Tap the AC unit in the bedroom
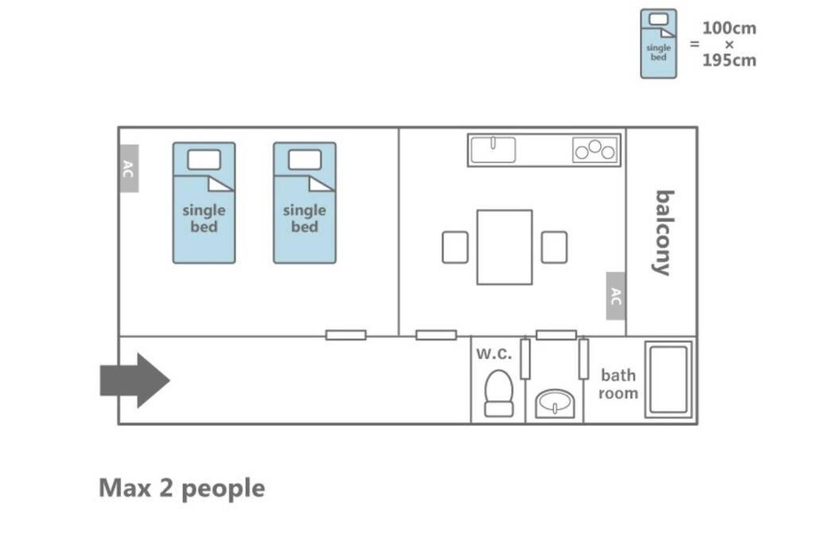(x=129, y=169)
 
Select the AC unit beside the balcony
(x=616, y=296)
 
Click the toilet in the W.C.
(x=499, y=394)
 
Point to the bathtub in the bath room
(x=668, y=379)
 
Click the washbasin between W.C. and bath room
(x=554, y=405)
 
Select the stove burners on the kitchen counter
(x=595, y=150)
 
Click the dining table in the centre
(x=504, y=246)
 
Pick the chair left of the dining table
(x=455, y=247)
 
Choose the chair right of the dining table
(x=554, y=247)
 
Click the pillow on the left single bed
(x=203, y=160)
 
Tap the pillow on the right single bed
(x=304, y=160)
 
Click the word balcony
(x=663, y=232)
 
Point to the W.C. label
(x=494, y=354)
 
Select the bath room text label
(x=618, y=384)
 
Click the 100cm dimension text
(x=729, y=29)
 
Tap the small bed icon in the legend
(x=658, y=44)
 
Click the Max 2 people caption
(x=181, y=488)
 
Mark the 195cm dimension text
(x=729, y=60)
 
